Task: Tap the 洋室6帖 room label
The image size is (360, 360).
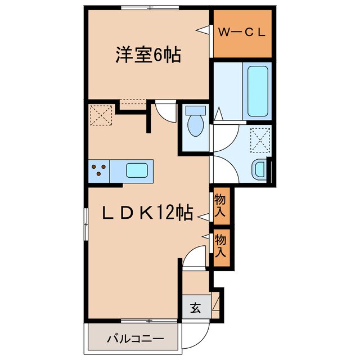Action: [x=148, y=55]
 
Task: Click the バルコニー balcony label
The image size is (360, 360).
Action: [x=135, y=340]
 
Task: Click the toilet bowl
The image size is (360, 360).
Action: [x=195, y=126]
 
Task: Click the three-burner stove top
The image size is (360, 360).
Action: [x=98, y=169]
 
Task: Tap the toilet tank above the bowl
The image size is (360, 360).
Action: [x=195, y=110]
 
